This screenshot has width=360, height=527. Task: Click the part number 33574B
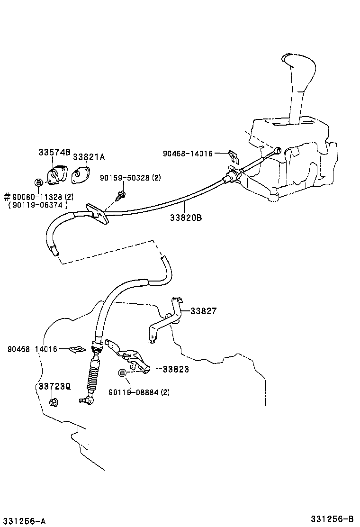click(54, 153)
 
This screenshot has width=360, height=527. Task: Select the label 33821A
click(89, 157)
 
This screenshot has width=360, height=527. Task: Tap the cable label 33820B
click(186, 218)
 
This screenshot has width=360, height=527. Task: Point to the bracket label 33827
click(204, 311)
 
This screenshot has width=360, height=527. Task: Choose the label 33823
click(176, 369)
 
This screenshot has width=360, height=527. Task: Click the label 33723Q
click(54, 386)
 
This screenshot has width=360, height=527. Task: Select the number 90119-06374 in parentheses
click(38, 205)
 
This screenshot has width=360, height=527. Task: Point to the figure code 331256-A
click(23, 521)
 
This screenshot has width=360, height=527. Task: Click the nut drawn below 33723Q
click(54, 403)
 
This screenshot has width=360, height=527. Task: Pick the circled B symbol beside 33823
click(122, 373)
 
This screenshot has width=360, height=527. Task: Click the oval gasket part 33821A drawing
click(81, 175)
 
